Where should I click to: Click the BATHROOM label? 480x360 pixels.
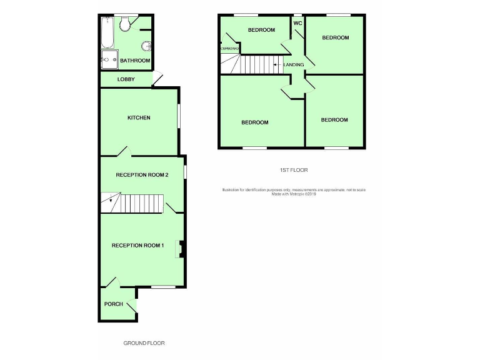[135, 61]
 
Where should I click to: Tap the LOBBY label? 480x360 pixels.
[126, 79]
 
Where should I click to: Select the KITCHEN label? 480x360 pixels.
[139, 117]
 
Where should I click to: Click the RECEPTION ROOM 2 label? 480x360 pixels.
[142, 175]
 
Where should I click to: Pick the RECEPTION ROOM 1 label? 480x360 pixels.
[137, 245]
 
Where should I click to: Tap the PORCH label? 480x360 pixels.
[113, 304]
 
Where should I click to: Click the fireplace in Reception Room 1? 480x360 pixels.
[181, 249]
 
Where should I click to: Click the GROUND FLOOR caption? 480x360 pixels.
[144, 343]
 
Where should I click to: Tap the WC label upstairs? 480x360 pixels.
[297, 23]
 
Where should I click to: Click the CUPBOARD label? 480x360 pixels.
[228, 48]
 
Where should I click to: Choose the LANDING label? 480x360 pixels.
[294, 64]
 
